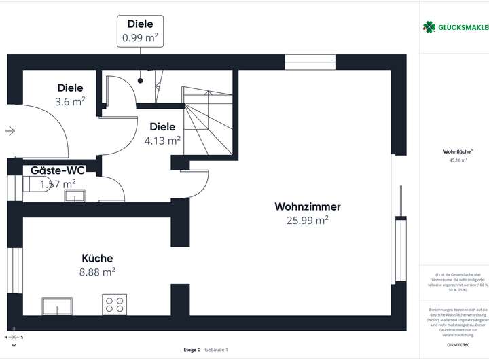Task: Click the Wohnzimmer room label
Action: (307, 206)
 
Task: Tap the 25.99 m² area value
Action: (307, 219)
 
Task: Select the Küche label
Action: (97, 258)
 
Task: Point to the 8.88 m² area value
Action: (98, 272)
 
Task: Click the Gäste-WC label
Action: (57, 170)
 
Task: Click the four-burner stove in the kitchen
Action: (114, 304)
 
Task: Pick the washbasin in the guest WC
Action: (74, 196)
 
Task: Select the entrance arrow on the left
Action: (10, 131)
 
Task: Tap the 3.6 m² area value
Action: (71, 101)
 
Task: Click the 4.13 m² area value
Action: (162, 141)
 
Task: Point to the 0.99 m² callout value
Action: (141, 37)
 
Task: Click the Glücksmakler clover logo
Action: (429, 27)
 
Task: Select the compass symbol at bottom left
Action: (14, 336)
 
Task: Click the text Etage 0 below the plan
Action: (192, 350)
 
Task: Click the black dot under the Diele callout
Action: (141, 80)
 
